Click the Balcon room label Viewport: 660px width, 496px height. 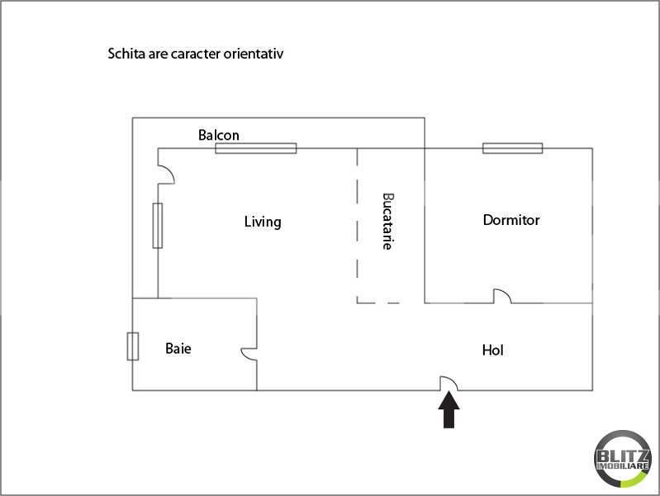218,135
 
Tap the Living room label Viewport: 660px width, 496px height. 263,222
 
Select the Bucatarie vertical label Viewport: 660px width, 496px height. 387,222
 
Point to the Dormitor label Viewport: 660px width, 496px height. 511,220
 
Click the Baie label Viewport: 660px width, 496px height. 178,348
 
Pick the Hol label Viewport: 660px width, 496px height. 492,350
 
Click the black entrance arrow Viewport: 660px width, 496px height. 449,409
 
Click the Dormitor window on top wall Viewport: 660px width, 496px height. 513,148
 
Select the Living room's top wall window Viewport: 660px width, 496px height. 256,148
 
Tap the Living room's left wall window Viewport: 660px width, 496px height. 158,226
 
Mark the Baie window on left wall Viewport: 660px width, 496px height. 133,346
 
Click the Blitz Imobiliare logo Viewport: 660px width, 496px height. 623,459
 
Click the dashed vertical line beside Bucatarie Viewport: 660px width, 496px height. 358,226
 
